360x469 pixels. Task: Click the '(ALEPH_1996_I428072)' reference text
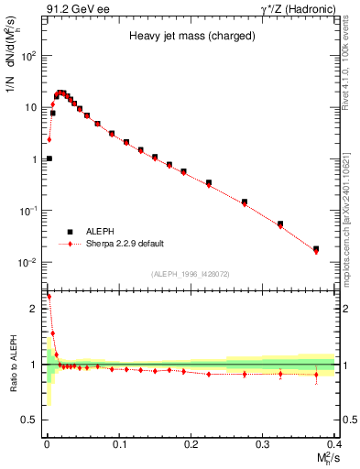[189, 273]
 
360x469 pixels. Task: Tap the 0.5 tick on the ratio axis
[30, 420]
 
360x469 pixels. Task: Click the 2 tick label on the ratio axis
[34, 309]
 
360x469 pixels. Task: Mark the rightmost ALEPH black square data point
[316, 248]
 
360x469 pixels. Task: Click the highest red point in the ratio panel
[49, 297]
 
